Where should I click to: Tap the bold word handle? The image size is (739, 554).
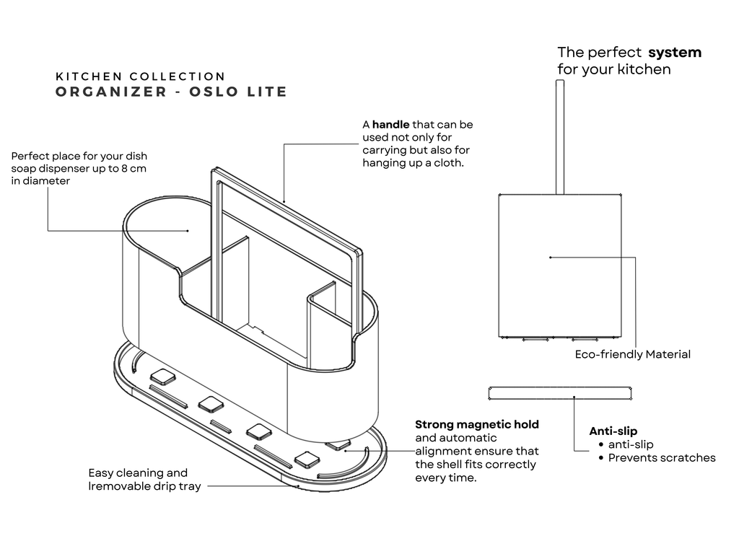point(390,125)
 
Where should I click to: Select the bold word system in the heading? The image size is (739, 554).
point(675,52)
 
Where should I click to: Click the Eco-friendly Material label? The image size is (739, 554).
point(632,354)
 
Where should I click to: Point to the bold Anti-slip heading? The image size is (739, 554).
point(613,431)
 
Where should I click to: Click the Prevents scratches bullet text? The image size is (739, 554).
point(662,457)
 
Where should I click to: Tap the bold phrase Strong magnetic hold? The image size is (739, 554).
point(477,424)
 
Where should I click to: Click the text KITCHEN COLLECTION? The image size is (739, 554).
point(141,76)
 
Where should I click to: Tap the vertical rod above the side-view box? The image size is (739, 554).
point(559,137)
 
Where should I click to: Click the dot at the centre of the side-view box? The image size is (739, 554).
point(550,257)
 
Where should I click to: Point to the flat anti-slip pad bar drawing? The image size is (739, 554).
point(560,393)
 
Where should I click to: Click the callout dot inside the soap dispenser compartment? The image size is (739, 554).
point(188,231)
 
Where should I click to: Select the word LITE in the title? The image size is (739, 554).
point(266,92)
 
